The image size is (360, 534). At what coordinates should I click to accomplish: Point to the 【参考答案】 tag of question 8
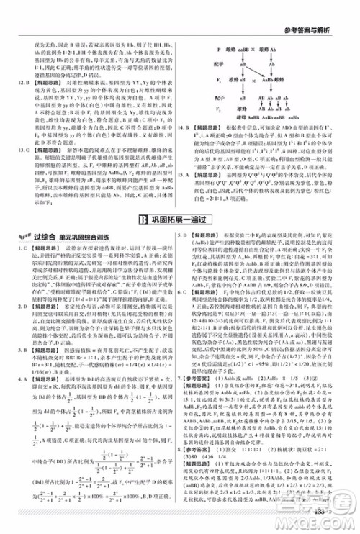click(x=204, y=467)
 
